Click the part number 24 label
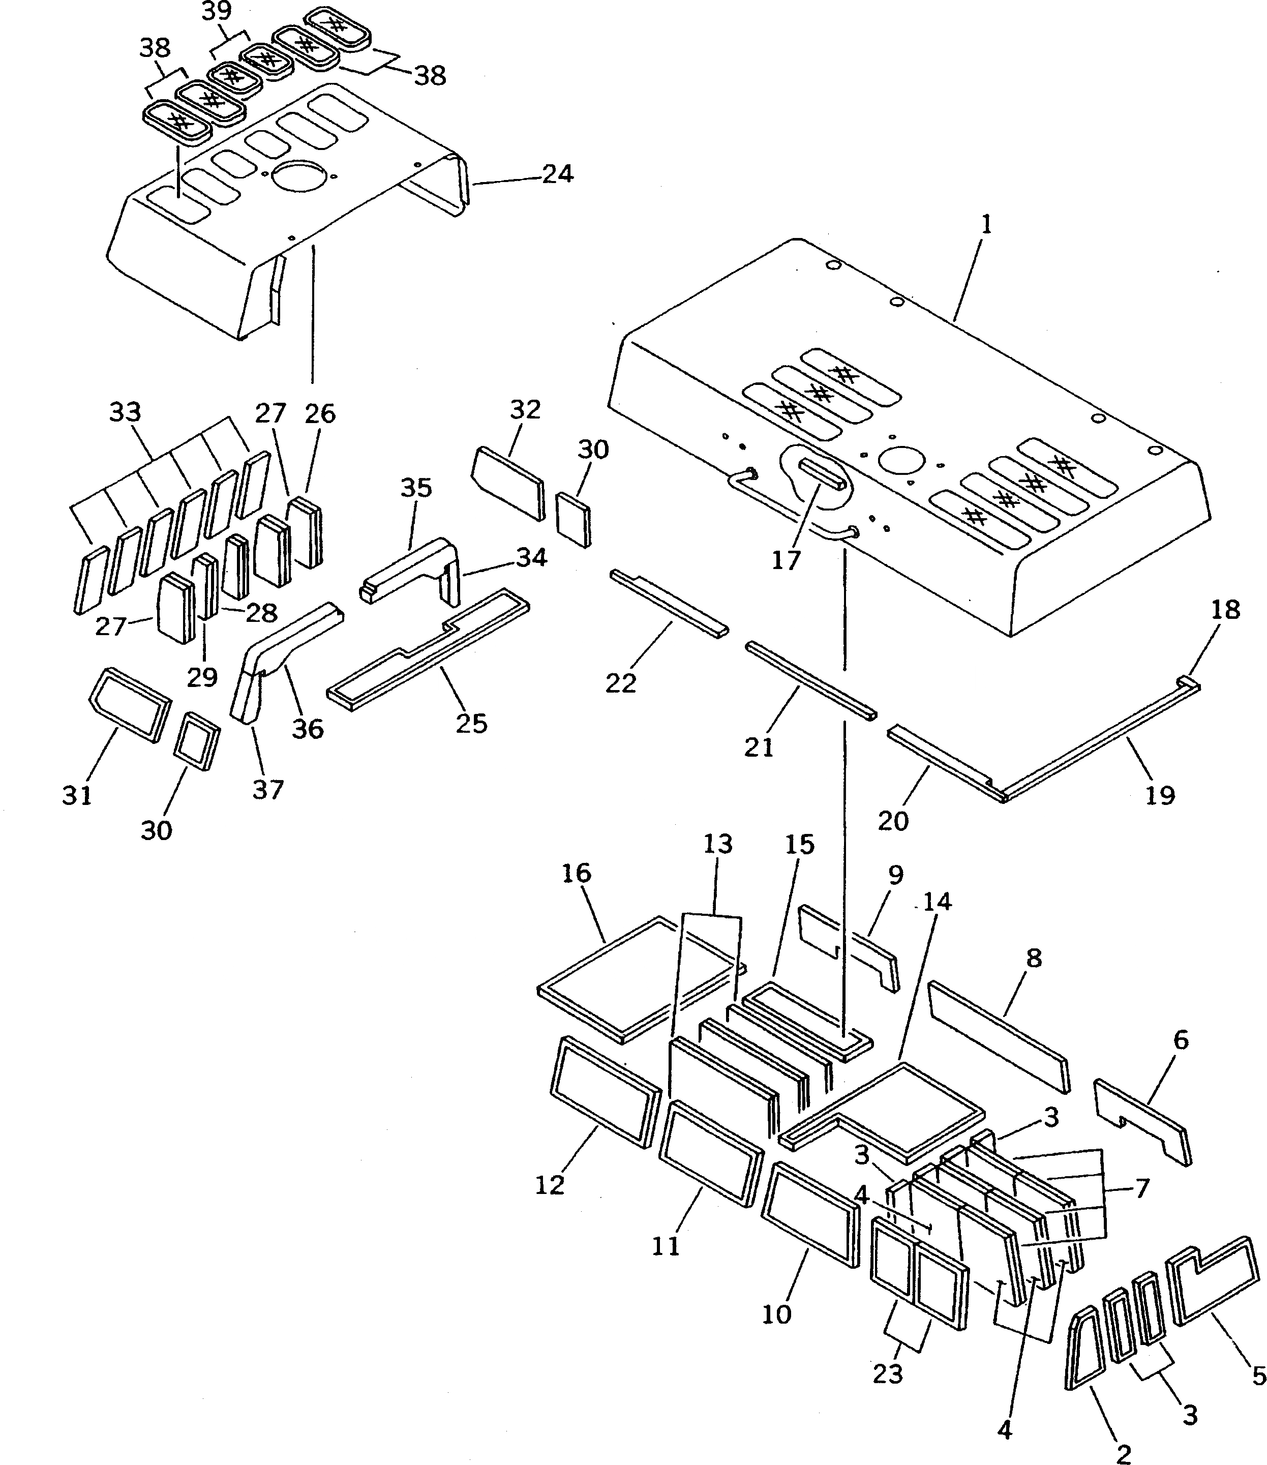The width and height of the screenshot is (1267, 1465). pos(557,174)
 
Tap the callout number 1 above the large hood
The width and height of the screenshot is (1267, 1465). pos(986,225)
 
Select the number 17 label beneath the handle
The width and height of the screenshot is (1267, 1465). pos(786,560)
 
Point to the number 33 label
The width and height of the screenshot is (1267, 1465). pos(125,411)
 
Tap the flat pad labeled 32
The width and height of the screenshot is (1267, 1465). pos(507,483)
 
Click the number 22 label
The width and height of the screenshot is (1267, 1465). pos(621,682)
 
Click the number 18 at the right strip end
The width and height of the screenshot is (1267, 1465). pos(1225,610)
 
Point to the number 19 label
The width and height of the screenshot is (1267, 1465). pos(1160,795)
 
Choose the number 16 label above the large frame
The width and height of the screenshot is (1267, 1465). pos(576,873)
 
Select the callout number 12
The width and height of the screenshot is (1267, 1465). pos(550,1185)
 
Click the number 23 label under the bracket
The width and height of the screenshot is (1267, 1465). pos(888,1374)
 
